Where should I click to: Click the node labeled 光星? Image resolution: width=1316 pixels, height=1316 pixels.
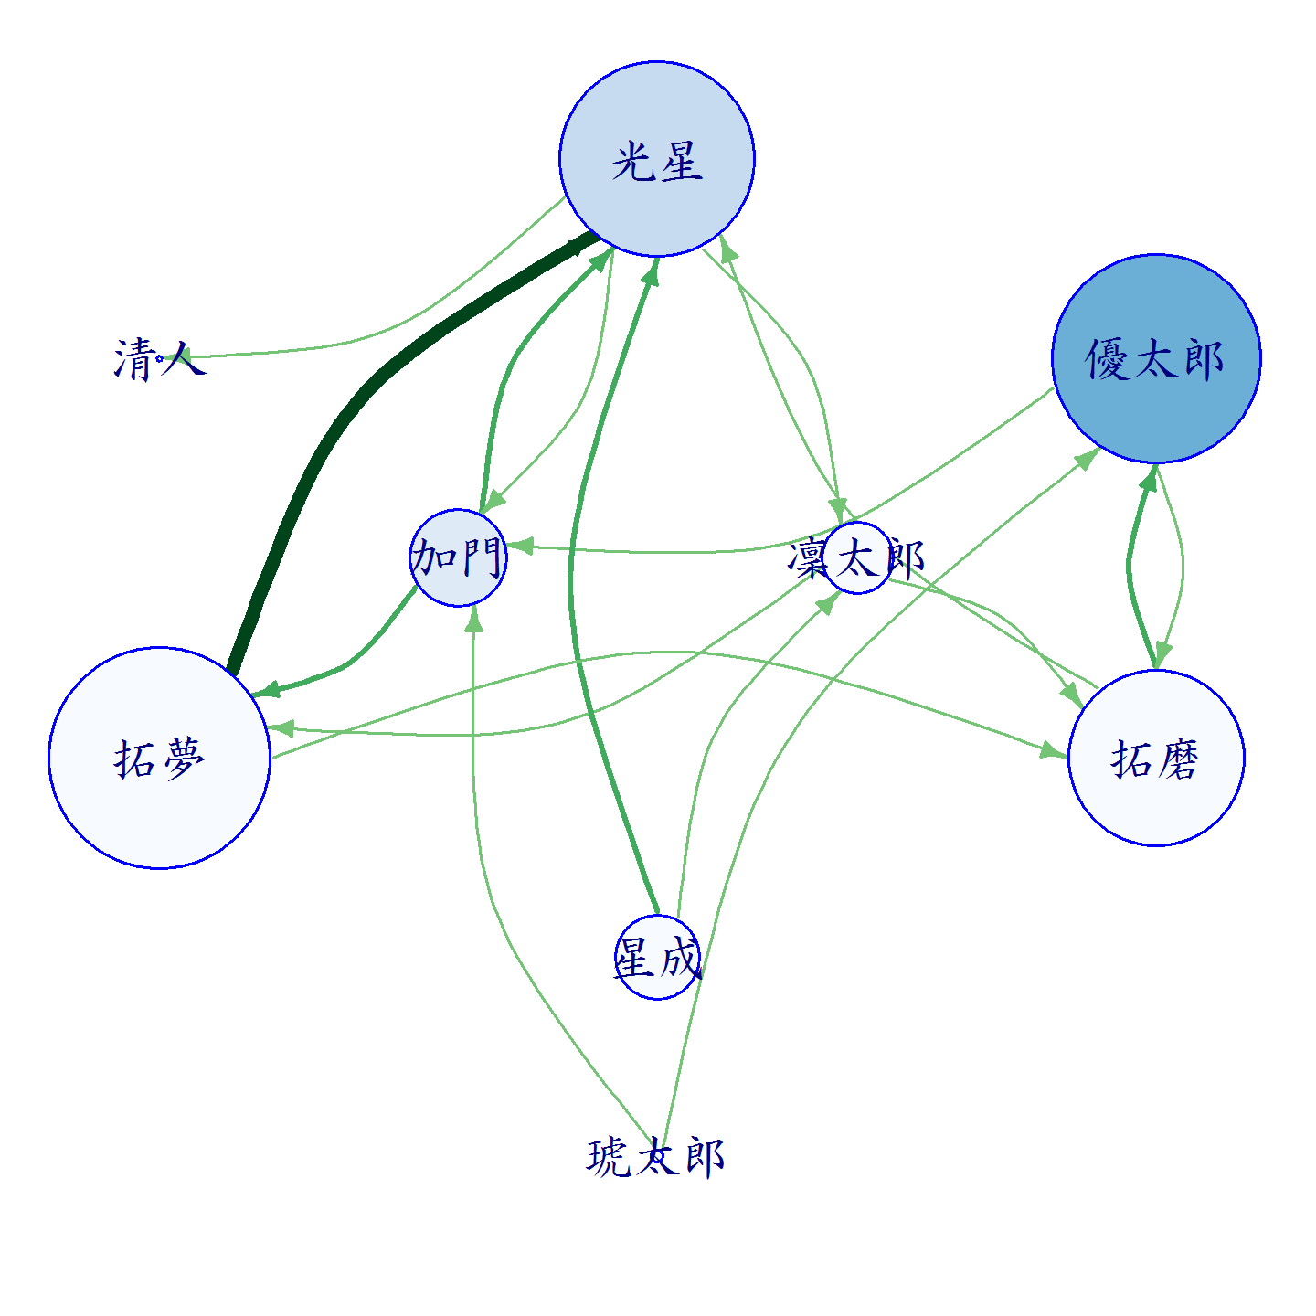(x=656, y=159)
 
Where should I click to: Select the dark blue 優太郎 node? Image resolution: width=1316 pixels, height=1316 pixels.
(x=1155, y=358)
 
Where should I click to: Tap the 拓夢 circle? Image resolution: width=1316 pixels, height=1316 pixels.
(x=159, y=758)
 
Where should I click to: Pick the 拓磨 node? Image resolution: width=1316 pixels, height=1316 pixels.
(x=1155, y=758)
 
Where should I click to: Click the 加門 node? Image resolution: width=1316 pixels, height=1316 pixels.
(x=458, y=557)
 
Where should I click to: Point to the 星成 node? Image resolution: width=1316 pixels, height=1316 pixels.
(x=657, y=958)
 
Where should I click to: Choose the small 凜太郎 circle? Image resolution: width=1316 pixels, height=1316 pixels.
(x=857, y=558)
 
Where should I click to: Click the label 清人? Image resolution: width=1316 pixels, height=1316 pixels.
(x=160, y=359)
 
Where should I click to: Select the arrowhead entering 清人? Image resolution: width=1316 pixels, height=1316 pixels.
(x=174, y=356)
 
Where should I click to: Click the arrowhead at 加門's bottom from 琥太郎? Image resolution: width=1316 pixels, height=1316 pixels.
(x=473, y=619)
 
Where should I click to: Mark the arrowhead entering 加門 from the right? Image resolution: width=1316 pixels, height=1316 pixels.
(x=520, y=547)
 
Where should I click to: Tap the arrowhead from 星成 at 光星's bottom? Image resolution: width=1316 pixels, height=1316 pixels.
(x=651, y=271)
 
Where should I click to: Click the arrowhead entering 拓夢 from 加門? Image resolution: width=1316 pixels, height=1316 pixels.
(x=267, y=690)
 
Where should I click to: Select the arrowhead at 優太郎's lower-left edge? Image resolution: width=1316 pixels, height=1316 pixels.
(x=1087, y=459)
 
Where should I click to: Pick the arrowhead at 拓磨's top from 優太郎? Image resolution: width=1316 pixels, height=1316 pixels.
(x=1162, y=656)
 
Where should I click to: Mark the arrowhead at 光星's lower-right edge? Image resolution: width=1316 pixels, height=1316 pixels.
(x=728, y=248)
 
